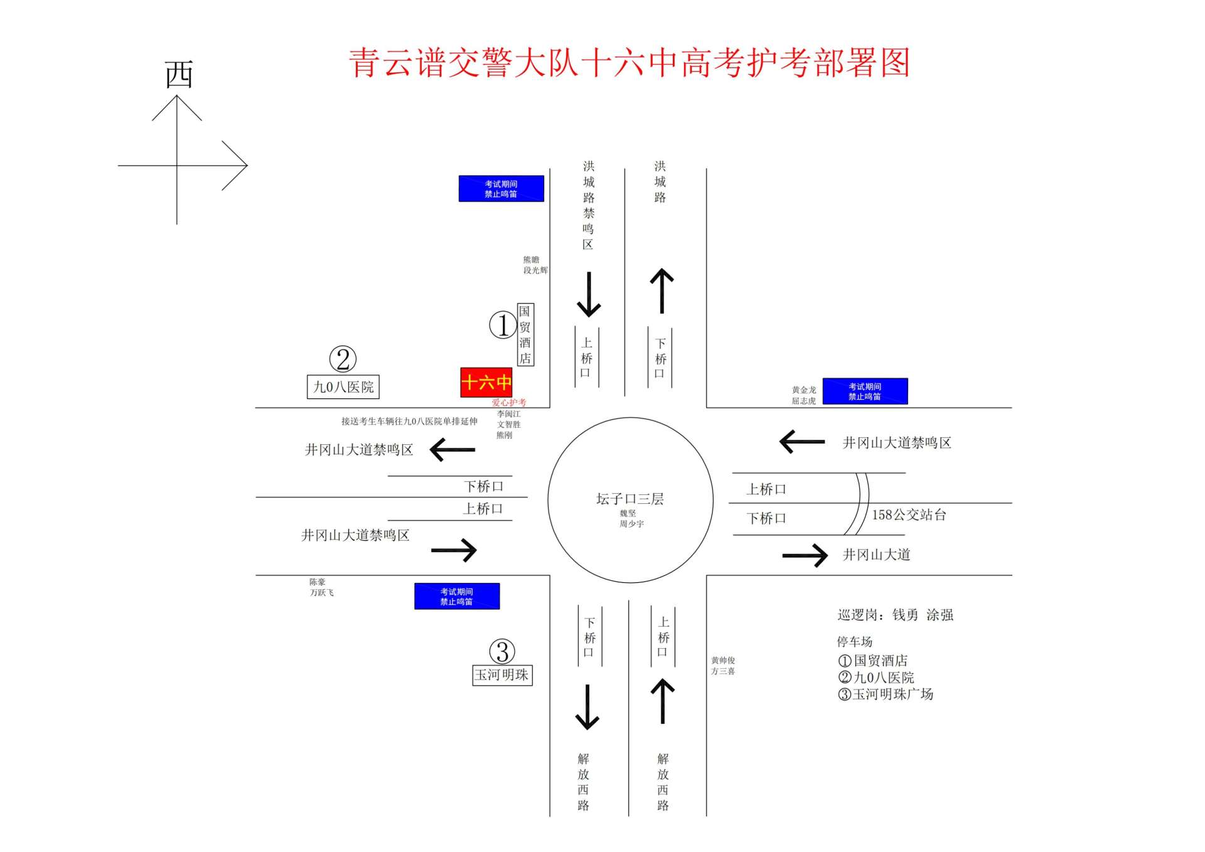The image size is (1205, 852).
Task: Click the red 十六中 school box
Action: click(486, 382)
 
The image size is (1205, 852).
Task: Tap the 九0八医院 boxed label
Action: click(343, 386)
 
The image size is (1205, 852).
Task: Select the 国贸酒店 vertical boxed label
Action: click(525, 334)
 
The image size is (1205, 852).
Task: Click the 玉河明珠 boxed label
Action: click(502, 675)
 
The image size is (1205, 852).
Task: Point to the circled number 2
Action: click(343, 359)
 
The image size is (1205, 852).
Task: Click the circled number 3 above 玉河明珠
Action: click(502, 651)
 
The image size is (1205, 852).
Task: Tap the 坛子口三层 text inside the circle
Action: click(629, 499)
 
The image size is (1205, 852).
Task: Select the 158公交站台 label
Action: click(909, 515)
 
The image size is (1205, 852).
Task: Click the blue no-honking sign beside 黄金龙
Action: click(865, 391)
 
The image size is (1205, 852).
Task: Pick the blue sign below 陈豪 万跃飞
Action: click(457, 596)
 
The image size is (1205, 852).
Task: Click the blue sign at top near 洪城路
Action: click(501, 188)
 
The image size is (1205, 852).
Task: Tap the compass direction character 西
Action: click(179, 75)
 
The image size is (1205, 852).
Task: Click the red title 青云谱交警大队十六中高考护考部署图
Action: click(629, 63)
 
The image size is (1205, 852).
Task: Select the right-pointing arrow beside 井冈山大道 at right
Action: click(805, 555)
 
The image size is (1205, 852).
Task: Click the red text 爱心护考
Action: click(508, 402)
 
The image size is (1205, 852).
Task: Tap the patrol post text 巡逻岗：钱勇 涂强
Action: click(895, 615)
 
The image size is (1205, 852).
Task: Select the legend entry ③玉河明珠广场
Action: click(886, 694)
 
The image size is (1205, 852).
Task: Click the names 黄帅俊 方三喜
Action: click(722, 666)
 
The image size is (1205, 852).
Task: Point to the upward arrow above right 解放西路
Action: click(663, 701)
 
